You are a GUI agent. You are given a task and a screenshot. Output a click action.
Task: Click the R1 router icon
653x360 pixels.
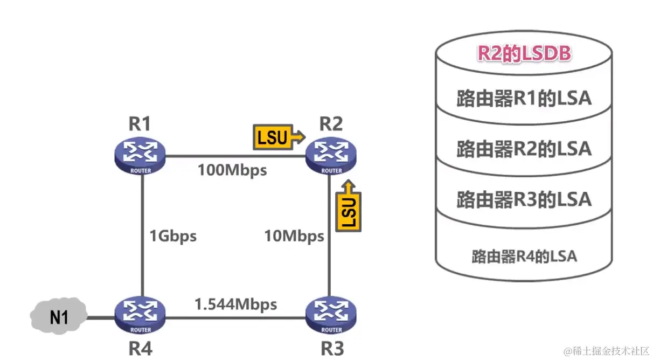pos(140,155)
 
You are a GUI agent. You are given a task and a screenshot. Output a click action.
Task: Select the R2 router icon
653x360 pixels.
pos(331,155)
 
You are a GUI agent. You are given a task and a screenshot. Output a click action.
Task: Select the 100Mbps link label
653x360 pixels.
pos(232,170)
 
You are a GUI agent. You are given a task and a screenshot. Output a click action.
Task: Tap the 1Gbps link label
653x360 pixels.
pos(173,236)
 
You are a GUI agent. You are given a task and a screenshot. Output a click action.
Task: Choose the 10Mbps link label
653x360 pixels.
pos(294,236)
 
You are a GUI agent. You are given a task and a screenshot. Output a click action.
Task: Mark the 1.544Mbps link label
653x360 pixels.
pos(235,304)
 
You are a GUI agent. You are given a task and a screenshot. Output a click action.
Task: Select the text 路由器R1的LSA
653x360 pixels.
pos(524,99)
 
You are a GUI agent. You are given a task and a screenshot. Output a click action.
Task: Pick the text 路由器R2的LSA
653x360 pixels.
pos(524,149)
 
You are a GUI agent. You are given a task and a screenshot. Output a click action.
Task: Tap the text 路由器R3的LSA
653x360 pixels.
pos(524,199)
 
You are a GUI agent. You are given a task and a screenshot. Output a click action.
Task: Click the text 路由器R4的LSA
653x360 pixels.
pos(524,255)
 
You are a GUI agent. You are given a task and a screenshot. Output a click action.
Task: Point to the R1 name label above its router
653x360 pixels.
pos(139,124)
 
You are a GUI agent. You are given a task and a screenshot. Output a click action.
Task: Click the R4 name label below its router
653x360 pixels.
pos(140,348)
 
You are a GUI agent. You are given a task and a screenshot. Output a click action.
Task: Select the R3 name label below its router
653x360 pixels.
pos(332,348)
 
